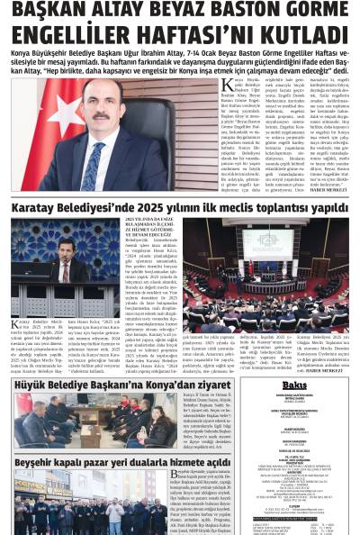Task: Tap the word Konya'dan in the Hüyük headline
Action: [x=176, y=385]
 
